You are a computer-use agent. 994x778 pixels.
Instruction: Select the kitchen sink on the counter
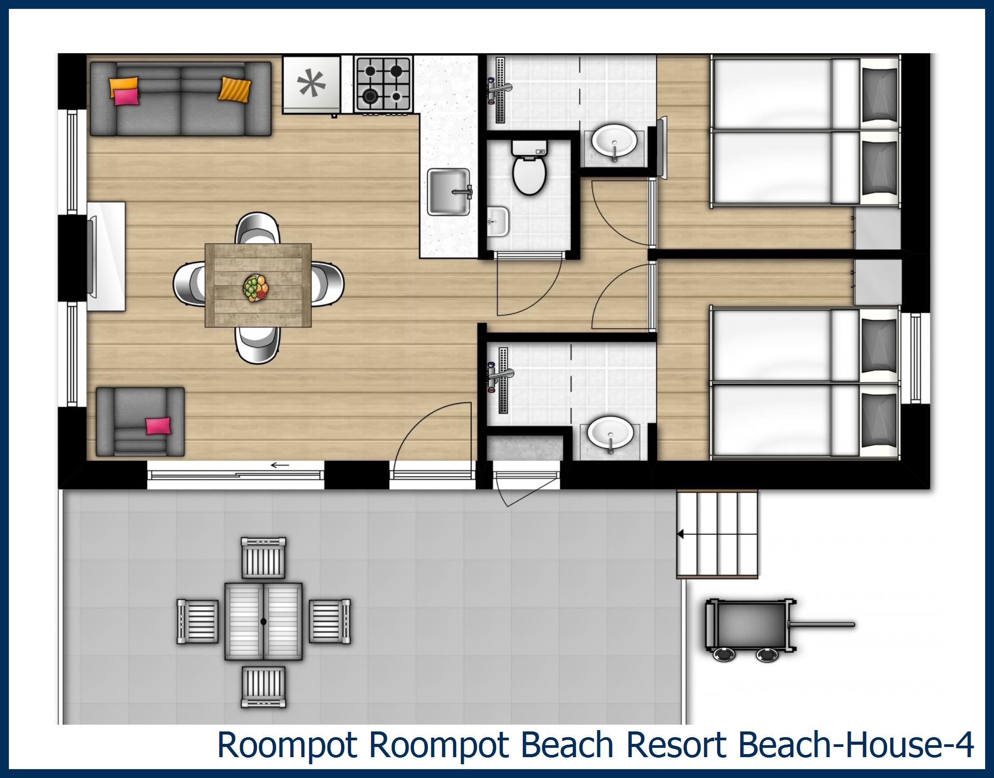pyautogui.click(x=449, y=191)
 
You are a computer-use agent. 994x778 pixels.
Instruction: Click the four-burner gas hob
pyautogui.click(x=383, y=84)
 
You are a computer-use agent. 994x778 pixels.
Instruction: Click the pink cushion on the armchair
pyautogui.click(x=158, y=426)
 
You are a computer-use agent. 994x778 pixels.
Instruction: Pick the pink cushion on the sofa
pyautogui.click(x=125, y=97)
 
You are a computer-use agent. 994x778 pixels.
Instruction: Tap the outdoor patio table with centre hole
pyautogui.click(x=264, y=621)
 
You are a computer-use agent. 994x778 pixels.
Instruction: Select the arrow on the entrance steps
pyautogui.click(x=681, y=534)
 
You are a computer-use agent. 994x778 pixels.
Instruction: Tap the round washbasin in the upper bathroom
pyautogui.click(x=614, y=141)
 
